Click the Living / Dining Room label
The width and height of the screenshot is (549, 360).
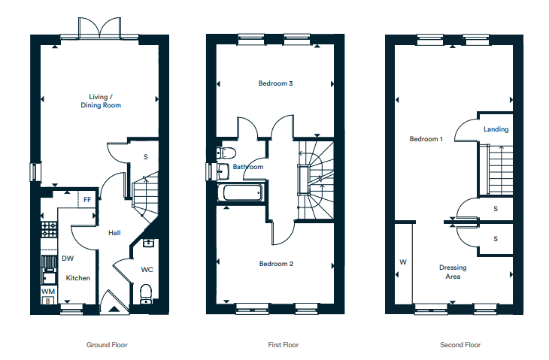[x=101, y=101]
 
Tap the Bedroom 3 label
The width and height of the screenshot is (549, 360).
[x=275, y=83]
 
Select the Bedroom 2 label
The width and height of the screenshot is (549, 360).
[x=276, y=264]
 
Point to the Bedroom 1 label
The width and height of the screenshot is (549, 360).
[x=426, y=139]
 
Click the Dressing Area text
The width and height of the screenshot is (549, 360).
[x=453, y=272]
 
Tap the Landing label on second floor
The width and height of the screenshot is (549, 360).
[x=496, y=129]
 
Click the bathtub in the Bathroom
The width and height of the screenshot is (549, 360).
[x=240, y=192]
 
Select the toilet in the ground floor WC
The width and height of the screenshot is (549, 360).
[x=146, y=294]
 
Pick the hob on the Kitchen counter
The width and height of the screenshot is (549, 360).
[x=49, y=229]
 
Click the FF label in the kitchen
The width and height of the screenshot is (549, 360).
[x=87, y=200]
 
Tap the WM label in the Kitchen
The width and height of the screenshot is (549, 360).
[x=48, y=292]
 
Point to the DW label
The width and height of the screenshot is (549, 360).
[x=68, y=259]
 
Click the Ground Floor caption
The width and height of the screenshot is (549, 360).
[x=107, y=345]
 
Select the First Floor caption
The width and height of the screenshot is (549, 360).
[x=284, y=345]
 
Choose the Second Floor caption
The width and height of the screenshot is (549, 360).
[x=460, y=345]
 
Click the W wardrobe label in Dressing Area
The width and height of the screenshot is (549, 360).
[x=403, y=262]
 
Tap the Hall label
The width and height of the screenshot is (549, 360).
[x=114, y=233]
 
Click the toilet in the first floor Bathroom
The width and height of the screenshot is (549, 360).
[x=226, y=153]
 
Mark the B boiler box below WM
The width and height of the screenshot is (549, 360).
[x=47, y=301]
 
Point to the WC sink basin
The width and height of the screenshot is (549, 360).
[x=148, y=243]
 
